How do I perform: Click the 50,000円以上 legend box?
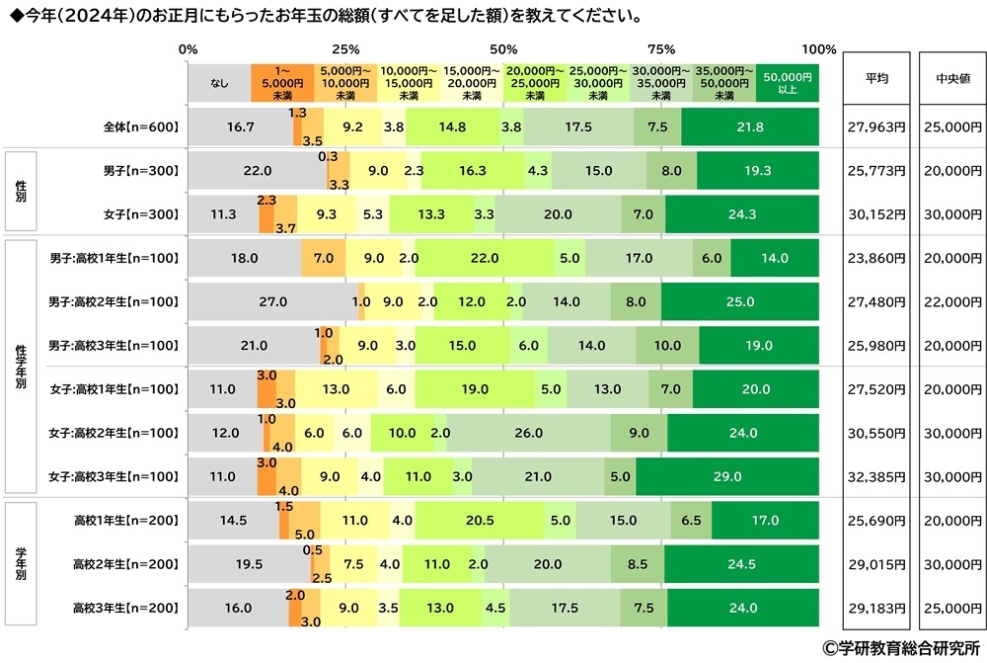point(788,82)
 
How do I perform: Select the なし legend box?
point(219,82)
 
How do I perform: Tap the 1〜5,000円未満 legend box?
point(282,82)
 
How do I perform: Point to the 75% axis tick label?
point(660,49)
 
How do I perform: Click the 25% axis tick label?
point(345,49)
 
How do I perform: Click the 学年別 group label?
point(21,564)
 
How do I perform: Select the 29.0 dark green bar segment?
point(726,477)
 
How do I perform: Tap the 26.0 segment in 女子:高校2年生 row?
point(528,433)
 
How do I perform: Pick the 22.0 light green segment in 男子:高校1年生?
point(484,258)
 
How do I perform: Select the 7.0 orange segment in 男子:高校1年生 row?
point(323,258)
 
